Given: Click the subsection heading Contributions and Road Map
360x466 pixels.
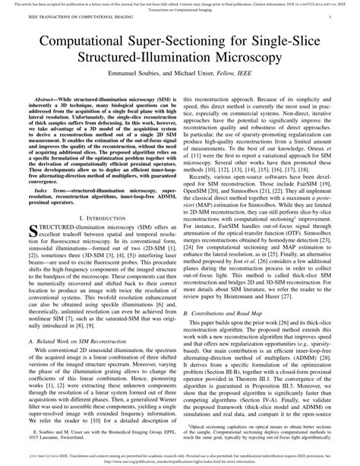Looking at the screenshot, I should click(x=232, y=312).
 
